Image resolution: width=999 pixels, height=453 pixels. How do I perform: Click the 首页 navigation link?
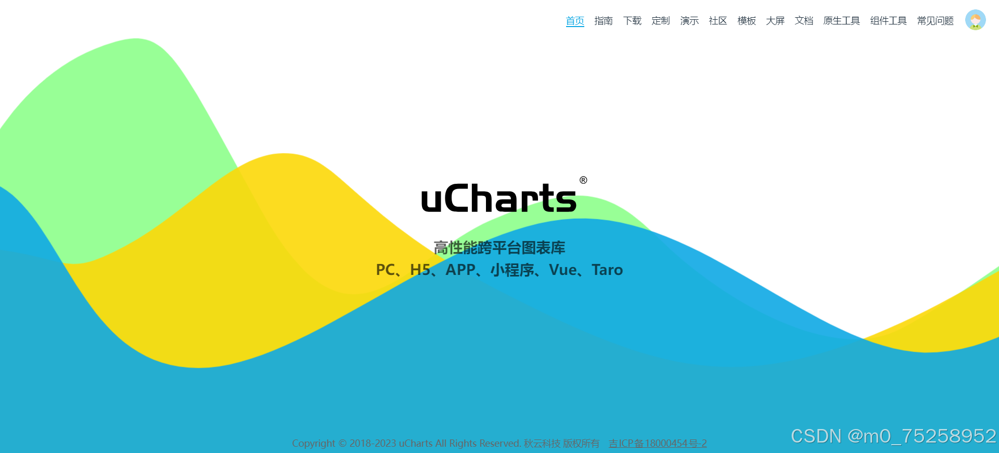575,21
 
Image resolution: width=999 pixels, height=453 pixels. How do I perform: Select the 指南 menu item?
604,21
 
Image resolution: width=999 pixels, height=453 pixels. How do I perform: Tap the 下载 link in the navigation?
632,21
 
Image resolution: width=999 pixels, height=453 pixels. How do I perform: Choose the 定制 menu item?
661,21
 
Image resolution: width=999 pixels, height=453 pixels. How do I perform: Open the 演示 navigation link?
689,21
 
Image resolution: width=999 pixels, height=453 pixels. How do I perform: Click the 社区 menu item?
718,21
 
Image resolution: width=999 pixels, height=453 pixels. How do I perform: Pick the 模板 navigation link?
747,21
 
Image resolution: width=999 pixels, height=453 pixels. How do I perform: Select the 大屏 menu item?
775,21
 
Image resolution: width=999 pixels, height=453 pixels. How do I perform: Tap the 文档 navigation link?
804,21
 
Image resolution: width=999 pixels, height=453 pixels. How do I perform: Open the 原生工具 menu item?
841,21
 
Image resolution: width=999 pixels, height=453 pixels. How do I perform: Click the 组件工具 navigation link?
888,21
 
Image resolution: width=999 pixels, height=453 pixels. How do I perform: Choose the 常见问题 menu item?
935,21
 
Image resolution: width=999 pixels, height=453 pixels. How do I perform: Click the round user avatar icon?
976,20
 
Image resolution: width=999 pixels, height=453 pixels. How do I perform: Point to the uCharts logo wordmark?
498,198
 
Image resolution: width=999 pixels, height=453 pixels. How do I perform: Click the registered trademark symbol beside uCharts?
583,180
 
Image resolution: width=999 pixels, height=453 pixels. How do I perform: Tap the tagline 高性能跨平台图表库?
499,248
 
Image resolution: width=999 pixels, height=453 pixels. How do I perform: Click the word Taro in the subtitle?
607,270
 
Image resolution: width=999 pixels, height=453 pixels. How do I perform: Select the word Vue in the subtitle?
563,270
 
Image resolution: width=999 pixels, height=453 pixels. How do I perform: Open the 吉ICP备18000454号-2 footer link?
658,443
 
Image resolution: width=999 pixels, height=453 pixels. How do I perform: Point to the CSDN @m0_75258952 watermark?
893,436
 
